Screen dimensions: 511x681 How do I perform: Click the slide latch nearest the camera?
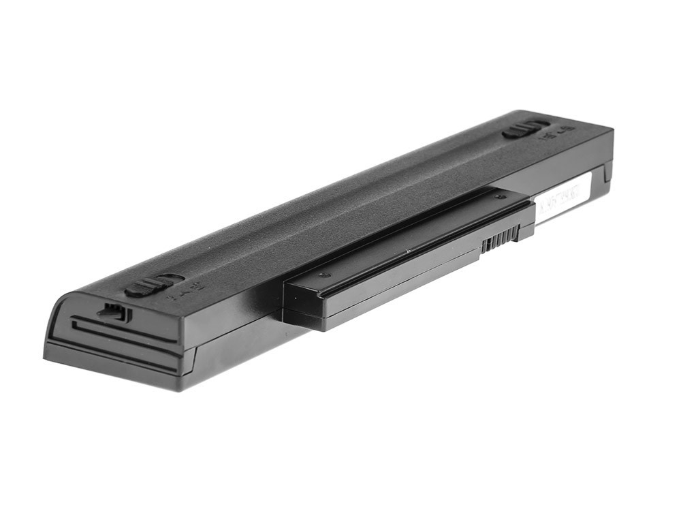pos(144,288)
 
